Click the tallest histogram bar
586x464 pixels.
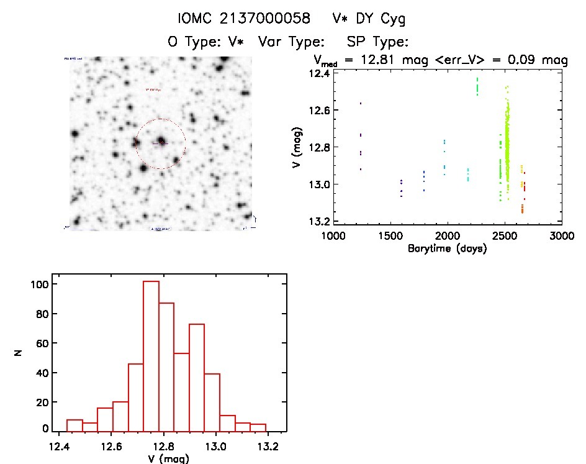click(151, 357)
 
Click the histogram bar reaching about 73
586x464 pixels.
click(197, 378)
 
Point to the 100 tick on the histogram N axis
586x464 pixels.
click(42, 284)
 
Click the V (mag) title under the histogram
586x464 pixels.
click(169, 458)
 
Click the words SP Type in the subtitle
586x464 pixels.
click(379, 42)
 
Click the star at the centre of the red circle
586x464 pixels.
click(161, 142)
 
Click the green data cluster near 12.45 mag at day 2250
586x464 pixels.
click(477, 86)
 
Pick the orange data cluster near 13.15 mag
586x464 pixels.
click(522, 208)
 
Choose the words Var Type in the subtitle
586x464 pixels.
click(291, 42)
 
